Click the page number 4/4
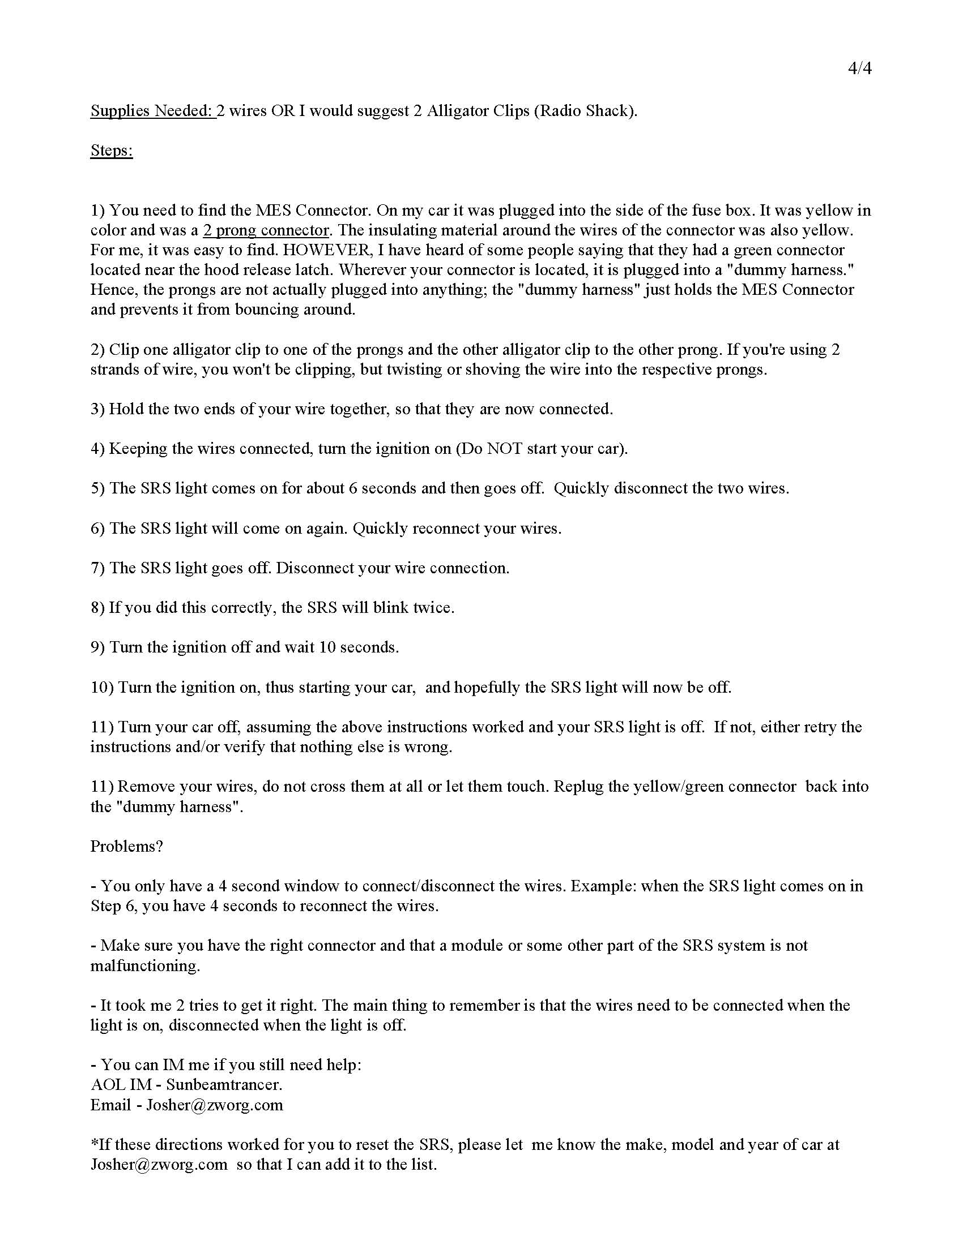[x=860, y=68]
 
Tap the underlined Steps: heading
[x=111, y=151]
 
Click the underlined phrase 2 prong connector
[x=266, y=230]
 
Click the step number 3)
[x=97, y=409]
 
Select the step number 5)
[x=97, y=488]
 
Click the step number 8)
[x=97, y=608]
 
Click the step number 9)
[x=97, y=647]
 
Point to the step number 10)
[x=102, y=688]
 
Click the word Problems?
[x=127, y=847]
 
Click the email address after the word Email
[x=215, y=1105]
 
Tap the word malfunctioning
[x=145, y=965]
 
